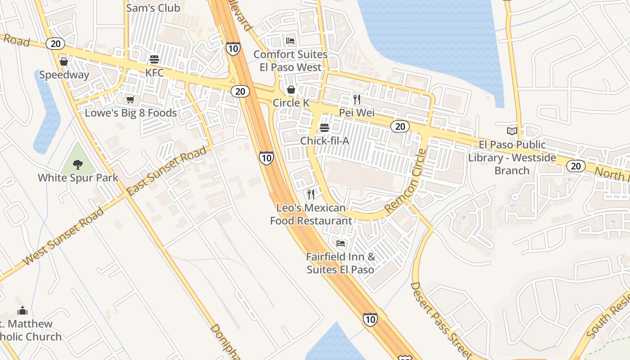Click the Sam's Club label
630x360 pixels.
click(153, 8)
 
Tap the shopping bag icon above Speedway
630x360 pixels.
click(64, 62)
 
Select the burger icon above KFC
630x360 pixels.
click(154, 59)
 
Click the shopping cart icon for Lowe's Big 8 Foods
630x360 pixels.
click(130, 99)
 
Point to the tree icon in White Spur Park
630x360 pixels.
click(78, 164)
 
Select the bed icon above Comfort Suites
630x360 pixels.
click(291, 41)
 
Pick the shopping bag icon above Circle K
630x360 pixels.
click(291, 90)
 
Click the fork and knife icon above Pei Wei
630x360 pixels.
click(357, 99)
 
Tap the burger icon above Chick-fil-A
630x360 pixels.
click(324, 128)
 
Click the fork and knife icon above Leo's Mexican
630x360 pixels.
click(310, 194)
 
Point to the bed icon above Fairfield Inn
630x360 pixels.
click(341, 243)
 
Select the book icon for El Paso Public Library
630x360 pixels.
click(512, 131)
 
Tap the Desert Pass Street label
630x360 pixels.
click(441, 320)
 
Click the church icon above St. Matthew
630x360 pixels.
click(22, 310)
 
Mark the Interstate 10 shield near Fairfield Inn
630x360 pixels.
click(370, 319)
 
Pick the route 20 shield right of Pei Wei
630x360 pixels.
click(400, 127)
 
